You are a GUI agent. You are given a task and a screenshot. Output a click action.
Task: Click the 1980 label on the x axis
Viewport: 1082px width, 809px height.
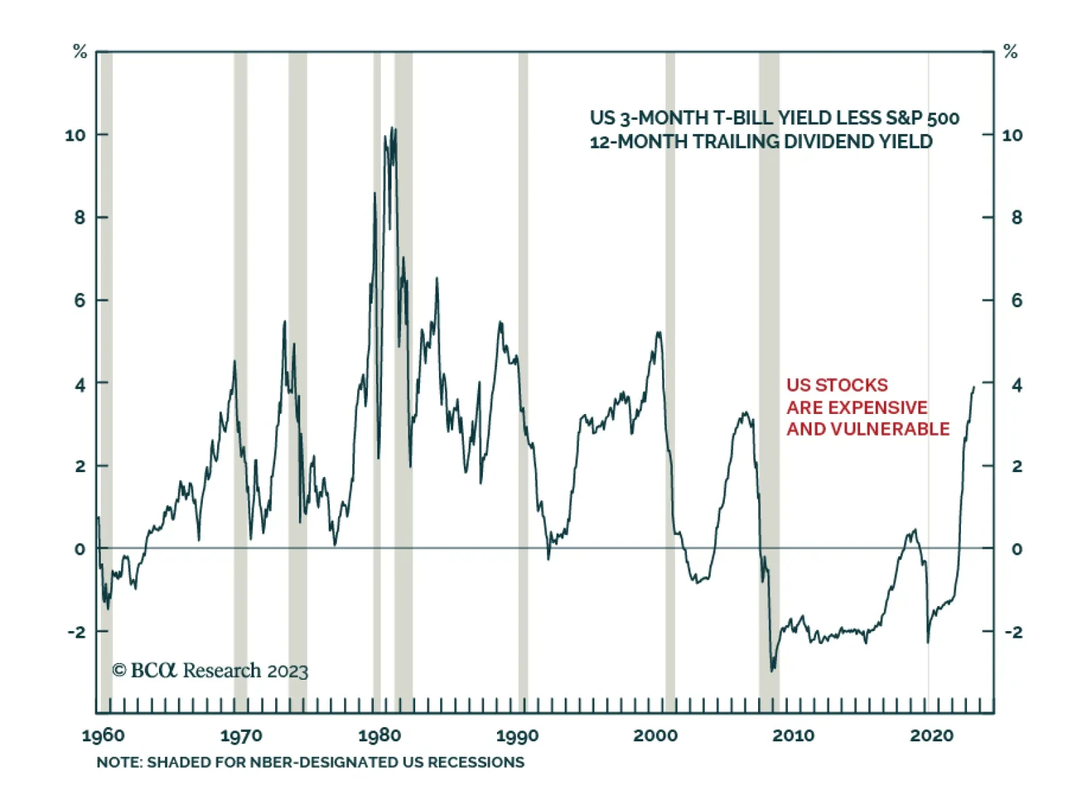(379, 735)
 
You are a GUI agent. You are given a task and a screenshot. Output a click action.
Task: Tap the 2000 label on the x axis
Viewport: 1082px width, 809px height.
(655, 735)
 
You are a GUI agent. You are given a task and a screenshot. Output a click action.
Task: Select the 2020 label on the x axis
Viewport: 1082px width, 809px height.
(931, 735)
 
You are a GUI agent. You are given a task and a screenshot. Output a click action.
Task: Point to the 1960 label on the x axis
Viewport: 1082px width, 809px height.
(103, 735)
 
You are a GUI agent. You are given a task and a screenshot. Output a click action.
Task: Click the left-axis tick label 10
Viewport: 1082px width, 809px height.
(76, 135)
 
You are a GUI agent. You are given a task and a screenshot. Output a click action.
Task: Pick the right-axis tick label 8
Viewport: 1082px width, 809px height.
(1016, 218)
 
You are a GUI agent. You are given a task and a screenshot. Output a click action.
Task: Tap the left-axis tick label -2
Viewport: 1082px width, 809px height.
(77, 632)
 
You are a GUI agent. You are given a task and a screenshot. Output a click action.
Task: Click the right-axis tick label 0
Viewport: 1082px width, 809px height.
(1016, 549)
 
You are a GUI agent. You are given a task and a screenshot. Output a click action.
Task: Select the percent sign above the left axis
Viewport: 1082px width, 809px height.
(80, 51)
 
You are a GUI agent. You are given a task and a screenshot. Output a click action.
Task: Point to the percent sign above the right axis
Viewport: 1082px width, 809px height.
(1010, 51)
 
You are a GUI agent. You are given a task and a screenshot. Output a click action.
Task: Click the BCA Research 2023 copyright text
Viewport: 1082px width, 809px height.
(210, 670)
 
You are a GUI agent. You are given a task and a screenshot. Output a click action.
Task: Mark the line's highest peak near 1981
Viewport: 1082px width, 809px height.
(394, 128)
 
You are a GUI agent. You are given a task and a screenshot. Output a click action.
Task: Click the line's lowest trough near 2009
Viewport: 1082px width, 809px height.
(772, 670)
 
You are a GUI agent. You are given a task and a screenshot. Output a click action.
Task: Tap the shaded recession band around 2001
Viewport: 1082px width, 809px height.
(670, 338)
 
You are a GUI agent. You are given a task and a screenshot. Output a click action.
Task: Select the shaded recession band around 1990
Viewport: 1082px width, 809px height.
(523, 338)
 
